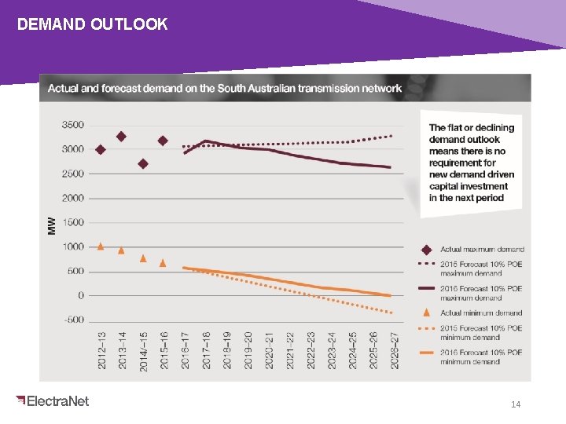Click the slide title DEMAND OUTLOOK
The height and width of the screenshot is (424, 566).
pyautogui.click(x=92, y=24)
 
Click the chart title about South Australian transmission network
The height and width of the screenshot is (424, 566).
pyautogui.click(x=225, y=88)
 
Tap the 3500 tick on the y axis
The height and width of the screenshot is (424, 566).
pyautogui.click(x=72, y=125)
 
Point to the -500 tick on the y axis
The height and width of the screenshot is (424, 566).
pyautogui.click(x=72, y=320)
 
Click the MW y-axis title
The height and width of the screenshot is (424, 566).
pyautogui.click(x=52, y=225)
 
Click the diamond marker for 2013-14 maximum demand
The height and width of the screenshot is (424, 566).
pyautogui.click(x=121, y=137)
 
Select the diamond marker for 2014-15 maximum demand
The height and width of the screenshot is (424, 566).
pyautogui.click(x=143, y=164)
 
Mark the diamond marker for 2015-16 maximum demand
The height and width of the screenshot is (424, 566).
pyautogui.click(x=163, y=141)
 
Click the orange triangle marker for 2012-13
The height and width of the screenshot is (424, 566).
pyautogui.click(x=101, y=246)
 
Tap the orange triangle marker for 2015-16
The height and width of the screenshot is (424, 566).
pyautogui.click(x=163, y=263)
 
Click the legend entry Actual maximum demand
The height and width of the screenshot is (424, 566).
pyautogui.click(x=482, y=250)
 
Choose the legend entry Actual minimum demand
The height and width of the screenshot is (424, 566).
pyautogui.click(x=481, y=313)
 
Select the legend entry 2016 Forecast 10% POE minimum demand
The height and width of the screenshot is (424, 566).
pyautogui.click(x=481, y=357)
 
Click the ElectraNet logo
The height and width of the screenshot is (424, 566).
pyautogui.click(x=53, y=401)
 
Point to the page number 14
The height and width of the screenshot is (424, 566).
pyautogui.click(x=516, y=404)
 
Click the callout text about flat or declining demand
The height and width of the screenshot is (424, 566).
pyautogui.click(x=472, y=163)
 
